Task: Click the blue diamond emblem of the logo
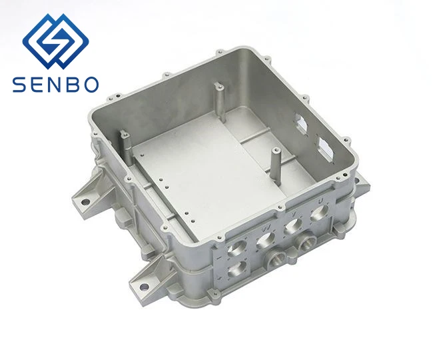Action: [x=56, y=40]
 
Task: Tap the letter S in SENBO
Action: [x=19, y=84]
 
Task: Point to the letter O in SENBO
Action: [x=91, y=84]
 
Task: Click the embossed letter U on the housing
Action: [x=320, y=200]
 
